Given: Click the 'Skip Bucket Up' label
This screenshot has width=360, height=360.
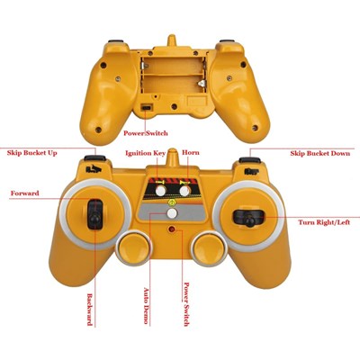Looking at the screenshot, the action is click(32, 153).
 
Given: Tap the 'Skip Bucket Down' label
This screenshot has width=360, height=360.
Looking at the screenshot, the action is click(320, 153).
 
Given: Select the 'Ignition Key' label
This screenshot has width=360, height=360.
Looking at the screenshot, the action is click(146, 153).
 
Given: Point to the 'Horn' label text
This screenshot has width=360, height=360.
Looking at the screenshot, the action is click(191, 152).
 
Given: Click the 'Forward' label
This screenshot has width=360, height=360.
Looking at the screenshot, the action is click(25, 193).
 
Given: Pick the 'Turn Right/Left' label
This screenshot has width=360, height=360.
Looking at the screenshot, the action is click(324, 222).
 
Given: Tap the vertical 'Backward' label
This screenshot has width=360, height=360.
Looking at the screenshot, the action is click(90, 310).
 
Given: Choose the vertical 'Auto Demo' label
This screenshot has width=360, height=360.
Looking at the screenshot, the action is click(146, 306).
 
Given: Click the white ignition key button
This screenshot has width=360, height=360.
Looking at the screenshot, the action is click(161, 191).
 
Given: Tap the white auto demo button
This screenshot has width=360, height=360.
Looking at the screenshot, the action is click(172, 213).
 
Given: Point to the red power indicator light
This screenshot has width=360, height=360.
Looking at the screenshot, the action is click(172, 229).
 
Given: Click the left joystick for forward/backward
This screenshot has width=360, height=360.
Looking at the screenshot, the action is click(94, 214).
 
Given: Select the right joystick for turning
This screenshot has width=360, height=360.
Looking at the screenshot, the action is click(249, 218).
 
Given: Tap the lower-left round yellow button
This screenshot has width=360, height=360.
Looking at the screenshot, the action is click(133, 247).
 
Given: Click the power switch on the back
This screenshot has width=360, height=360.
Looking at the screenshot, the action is click(146, 107).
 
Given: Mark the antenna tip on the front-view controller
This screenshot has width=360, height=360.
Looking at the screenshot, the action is click(172, 149).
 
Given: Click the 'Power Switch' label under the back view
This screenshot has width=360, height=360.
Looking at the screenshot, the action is click(146, 133).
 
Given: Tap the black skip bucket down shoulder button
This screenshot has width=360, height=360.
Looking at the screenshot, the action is click(249, 160).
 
